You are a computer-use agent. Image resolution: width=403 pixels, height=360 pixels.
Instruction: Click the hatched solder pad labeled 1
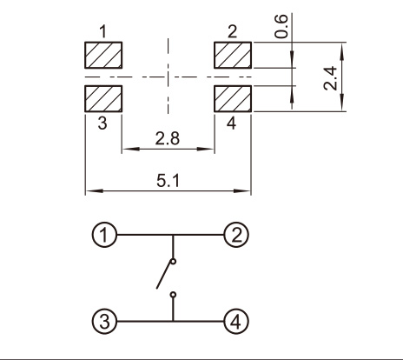(x=103, y=55)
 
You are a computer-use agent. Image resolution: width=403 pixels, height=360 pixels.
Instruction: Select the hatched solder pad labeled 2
(x=233, y=55)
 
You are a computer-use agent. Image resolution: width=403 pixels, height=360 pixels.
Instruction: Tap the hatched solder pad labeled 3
(x=103, y=98)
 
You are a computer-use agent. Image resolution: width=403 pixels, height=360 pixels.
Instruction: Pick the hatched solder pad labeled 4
(x=233, y=98)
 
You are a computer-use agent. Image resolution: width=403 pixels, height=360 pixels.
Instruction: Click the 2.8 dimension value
(x=168, y=138)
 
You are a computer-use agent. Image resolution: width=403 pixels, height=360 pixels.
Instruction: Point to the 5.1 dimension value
(x=168, y=181)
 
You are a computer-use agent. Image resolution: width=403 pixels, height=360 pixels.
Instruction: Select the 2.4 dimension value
(x=331, y=78)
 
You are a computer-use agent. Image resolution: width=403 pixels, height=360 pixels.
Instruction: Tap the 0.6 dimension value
(x=281, y=26)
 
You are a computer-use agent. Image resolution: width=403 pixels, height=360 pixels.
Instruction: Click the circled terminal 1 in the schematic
(x=104, y=235)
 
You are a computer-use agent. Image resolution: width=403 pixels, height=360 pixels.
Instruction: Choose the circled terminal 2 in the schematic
(x=236, y=235)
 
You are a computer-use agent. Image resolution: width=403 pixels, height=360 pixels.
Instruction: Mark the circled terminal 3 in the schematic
(x=104, y=321)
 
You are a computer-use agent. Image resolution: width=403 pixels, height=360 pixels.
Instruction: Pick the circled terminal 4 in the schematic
(x=236, y=321)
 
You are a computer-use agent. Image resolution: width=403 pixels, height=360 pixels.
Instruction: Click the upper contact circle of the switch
(x=173, y=262)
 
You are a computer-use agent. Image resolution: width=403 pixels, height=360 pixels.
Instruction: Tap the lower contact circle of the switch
(x=173, y=295)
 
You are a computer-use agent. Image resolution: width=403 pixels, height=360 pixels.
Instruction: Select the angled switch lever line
(x=164, y=276)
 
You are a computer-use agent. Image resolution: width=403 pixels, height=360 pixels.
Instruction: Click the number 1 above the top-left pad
(x=103, y=31)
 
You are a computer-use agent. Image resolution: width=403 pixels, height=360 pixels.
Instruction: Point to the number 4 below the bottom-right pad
(x=231, y=123)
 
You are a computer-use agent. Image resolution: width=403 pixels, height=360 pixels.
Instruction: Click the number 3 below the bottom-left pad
(x=102, y=123)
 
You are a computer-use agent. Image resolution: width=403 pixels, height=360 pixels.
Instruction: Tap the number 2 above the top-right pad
(x=232, y=31)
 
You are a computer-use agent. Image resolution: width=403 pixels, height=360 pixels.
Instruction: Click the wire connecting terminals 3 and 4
(x=170, y=321)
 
